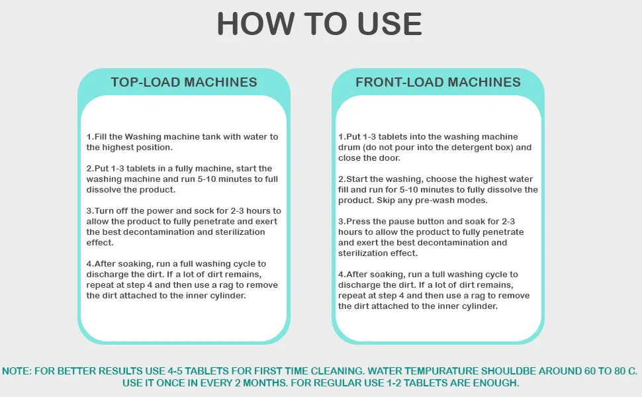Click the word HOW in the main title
[255, 23]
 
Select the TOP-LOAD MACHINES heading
[184, 82]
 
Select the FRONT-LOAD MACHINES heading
[438, 82]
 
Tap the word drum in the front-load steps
[349, 148]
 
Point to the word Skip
[386, 200]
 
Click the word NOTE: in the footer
[17, 371]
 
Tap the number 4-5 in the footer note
[175, 371]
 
